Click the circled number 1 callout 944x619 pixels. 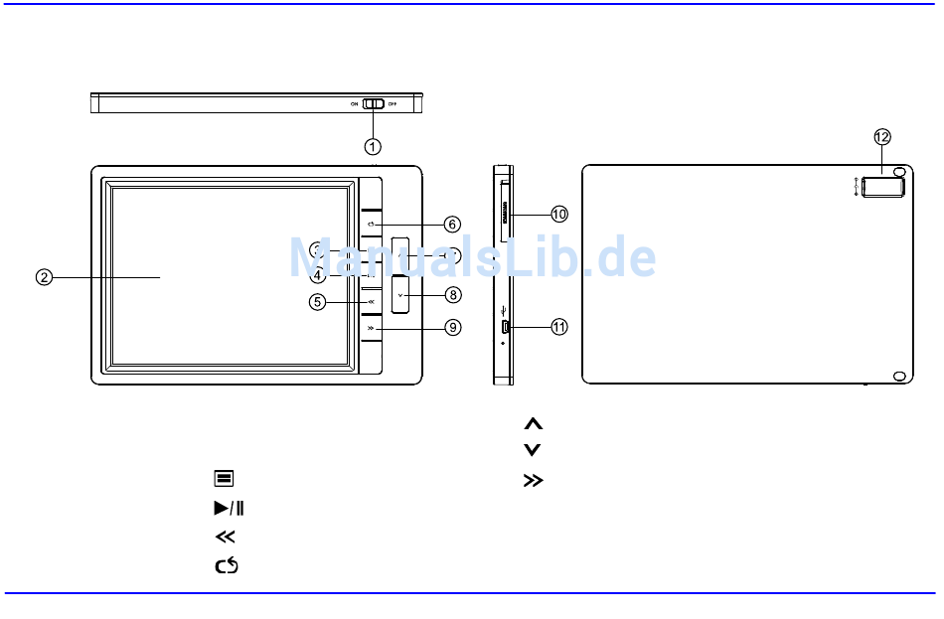pos(372,146)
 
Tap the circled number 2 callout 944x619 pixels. pos(45,277)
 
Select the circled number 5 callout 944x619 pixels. pos(317,301)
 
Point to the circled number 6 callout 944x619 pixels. pos(452,225)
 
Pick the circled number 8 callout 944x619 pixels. pos(453,294)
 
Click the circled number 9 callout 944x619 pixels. pos(453,327)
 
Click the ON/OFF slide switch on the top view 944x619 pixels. pos(374,103)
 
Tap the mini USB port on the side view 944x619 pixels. pos(505,327)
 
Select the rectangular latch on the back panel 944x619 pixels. pos(880,187)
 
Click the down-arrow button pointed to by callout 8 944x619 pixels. pos(400,295)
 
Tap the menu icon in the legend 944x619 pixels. pos(224,479)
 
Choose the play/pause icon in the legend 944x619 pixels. pos(229,508)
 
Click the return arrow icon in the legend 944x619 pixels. pos(227,565)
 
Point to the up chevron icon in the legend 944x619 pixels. pos(533,423)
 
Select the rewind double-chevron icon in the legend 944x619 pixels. pos(226,537)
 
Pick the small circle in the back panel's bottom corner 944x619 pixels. pos(899,376)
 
